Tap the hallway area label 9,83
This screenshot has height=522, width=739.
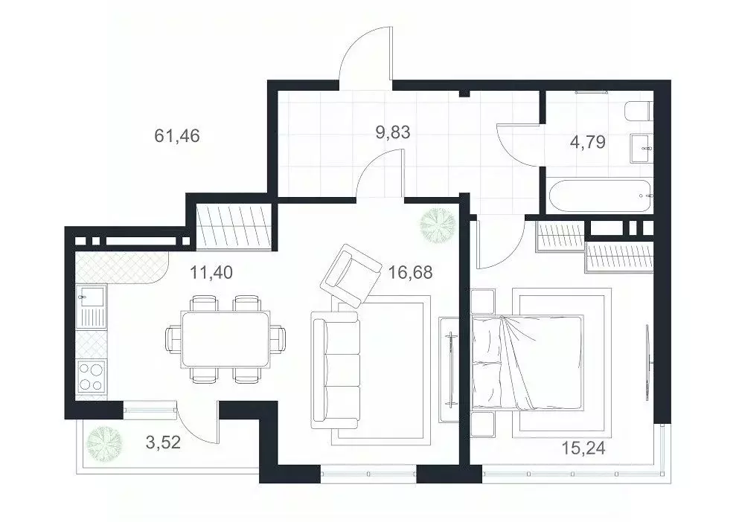point(393,133)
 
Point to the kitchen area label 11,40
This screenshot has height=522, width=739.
point(211,272)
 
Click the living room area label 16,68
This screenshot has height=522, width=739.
point(410,272)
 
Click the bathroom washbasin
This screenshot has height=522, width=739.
point(642,147)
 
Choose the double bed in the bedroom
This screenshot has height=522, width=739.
point(525,362)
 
